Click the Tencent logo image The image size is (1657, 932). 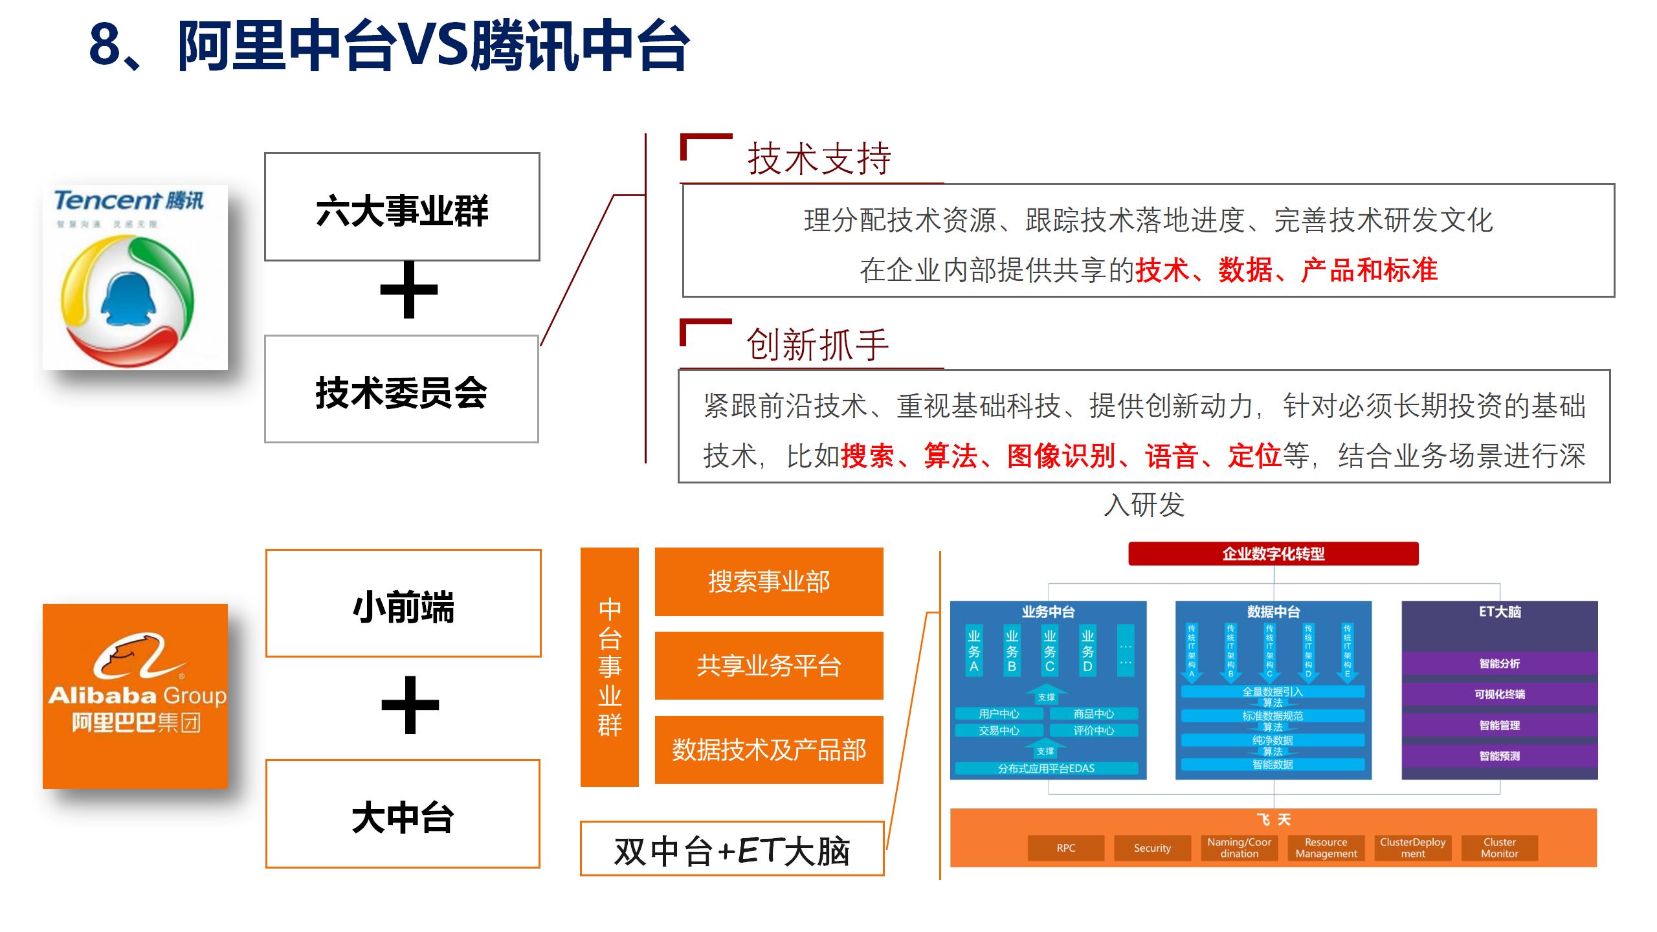coord(135,278)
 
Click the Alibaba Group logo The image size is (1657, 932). coord(135,696)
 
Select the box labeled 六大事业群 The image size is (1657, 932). coord(402,207)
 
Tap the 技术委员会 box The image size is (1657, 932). coord(401,389)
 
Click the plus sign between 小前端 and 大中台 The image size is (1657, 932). coord(410,705)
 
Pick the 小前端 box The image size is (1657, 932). coord(403,603)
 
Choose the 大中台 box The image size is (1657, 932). coord(403,814)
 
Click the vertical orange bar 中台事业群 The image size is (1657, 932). coord(609,667)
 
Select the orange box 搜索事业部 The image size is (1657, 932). coord(769,581)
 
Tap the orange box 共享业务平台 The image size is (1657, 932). coord(769,665)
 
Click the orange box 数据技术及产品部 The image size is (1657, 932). coord(769,749)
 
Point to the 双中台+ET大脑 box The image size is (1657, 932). coord(732,849)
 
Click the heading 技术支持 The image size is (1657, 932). coord(819,159)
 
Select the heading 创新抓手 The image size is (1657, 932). coord(817,344)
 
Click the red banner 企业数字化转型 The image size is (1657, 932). coord(1273,554)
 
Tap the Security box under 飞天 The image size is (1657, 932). coord(1152,848)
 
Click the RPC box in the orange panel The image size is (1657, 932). coord(1065,848)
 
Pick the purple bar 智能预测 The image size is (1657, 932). coord(1499,756)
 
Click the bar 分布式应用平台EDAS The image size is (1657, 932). coord(1046,768)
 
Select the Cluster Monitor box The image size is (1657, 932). coord(1499,848)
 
